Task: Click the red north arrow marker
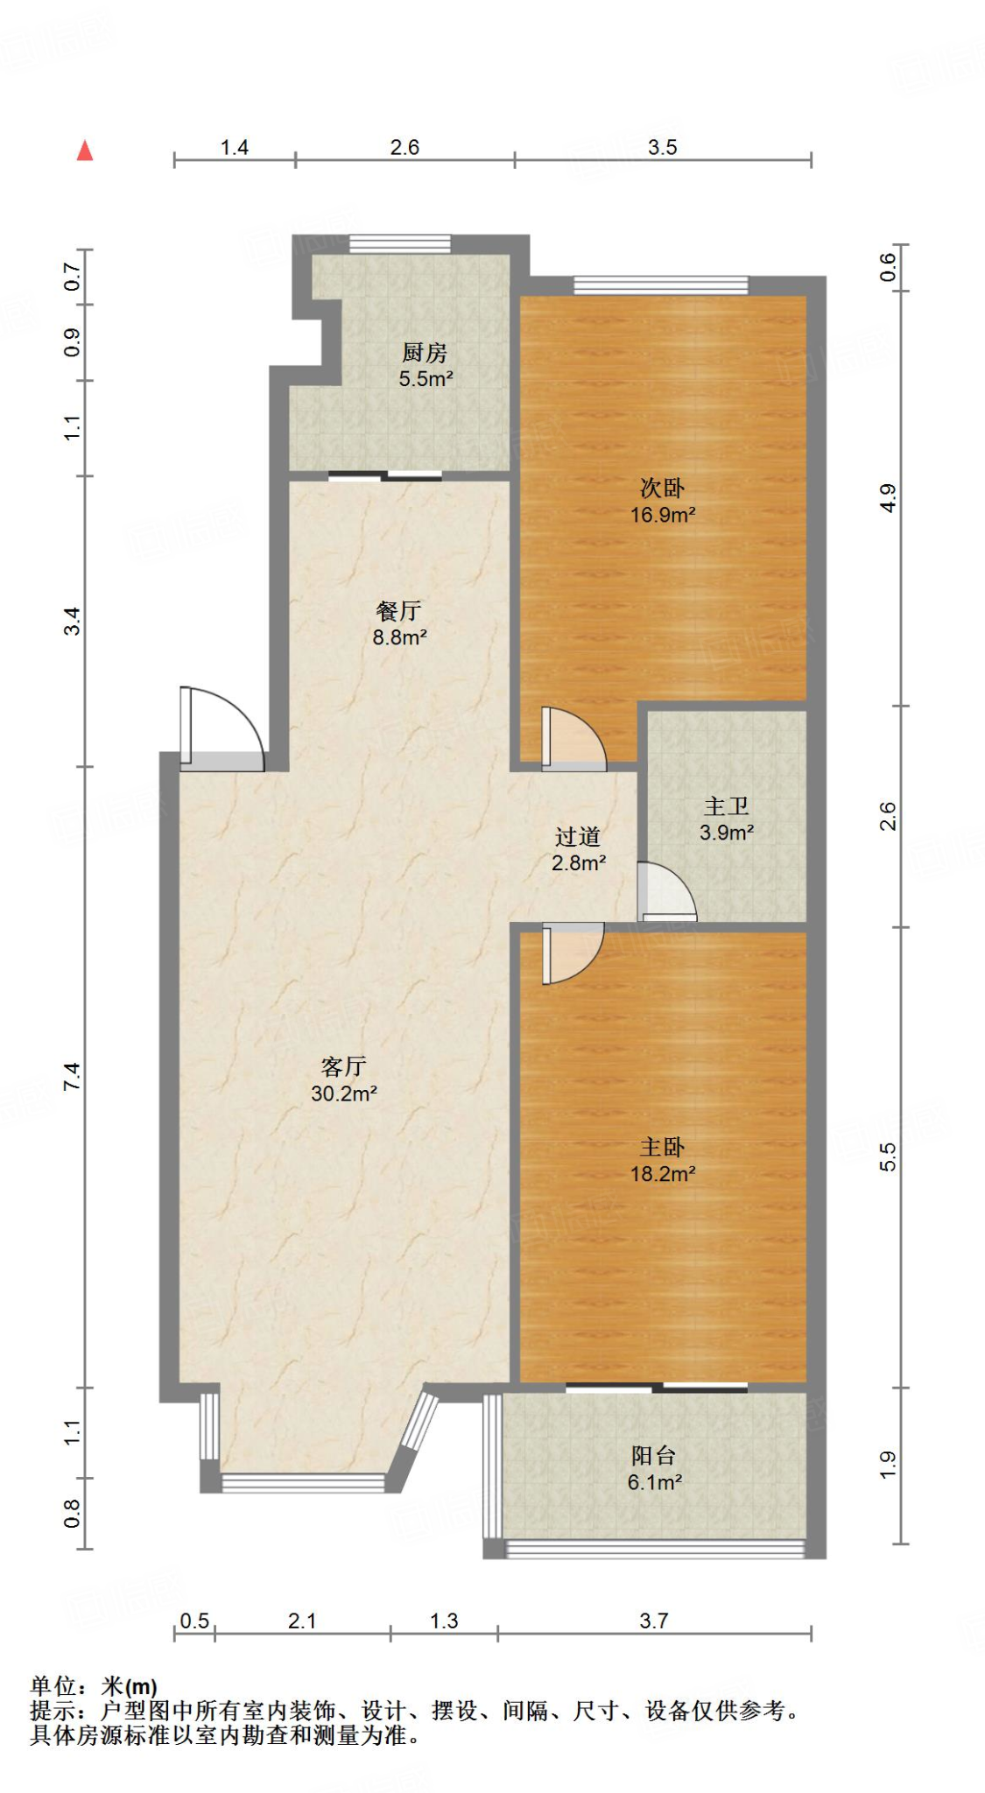coord(85,151)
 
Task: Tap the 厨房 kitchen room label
coord(425,353)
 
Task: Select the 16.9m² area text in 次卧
coord(663,515)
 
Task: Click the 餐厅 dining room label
coord(399,610)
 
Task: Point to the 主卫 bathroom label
coord(726,805)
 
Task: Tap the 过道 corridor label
coord(578,836)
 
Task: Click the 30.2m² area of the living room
coord(344,1093)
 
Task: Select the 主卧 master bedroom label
coord(662,1146)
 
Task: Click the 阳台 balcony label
coord(653,1455)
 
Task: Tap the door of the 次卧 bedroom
coord(572,740)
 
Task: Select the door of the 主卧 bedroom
coord(571,952)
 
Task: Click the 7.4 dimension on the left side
coord(72,1076)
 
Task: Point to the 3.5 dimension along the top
coord(663,147)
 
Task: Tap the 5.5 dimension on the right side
coord(888,1157)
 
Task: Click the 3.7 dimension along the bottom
coord(653,1621)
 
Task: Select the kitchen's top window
coord(400,243)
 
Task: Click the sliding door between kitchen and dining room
coord(385,476)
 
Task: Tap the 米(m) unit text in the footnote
coord(129,1686)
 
